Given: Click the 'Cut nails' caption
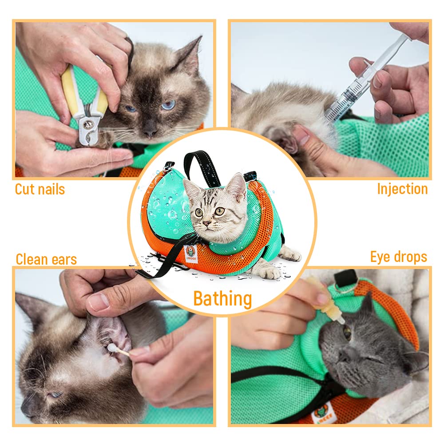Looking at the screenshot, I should [40, 190].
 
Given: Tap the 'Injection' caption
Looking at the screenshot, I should [402, 189].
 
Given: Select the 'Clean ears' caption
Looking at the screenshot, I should [46, 259].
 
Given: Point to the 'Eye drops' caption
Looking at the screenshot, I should [399, 257].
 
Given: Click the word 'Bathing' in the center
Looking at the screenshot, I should [222, 299].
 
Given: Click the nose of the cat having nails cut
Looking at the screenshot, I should [150, 131].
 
